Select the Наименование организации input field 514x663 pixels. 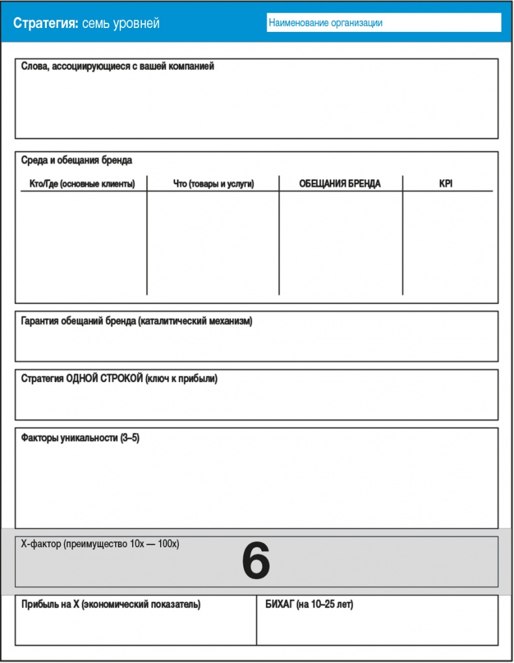384,23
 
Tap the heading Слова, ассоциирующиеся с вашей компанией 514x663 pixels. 118,66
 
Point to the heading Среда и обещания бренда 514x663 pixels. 77,160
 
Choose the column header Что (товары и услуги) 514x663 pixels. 213,184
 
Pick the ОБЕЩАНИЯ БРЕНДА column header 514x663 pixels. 340,184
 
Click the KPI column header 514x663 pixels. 446,184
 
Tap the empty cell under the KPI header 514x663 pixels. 448,244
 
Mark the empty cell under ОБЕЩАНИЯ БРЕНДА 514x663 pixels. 340,244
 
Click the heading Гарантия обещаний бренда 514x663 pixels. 137,321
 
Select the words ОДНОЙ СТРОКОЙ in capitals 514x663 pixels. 105,379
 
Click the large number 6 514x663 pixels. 256,562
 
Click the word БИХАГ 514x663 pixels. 279,604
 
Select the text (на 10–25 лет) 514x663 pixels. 325,604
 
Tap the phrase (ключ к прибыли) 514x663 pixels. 182,379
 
